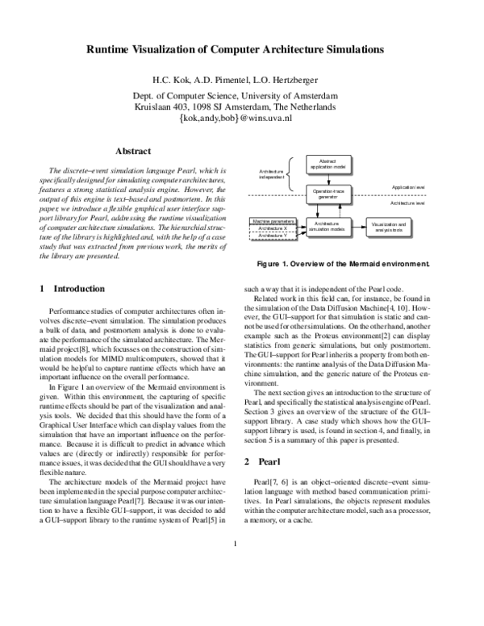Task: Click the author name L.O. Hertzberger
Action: [x=282, y=80]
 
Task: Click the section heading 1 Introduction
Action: [x=72, y=288]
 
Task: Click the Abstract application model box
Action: [x=327, y=164]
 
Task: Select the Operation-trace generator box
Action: [x=327, y=193]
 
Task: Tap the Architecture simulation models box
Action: [x=328, y=227]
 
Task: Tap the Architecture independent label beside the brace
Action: [x=272, y=174]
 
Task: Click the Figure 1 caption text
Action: [x=342, y=264]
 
